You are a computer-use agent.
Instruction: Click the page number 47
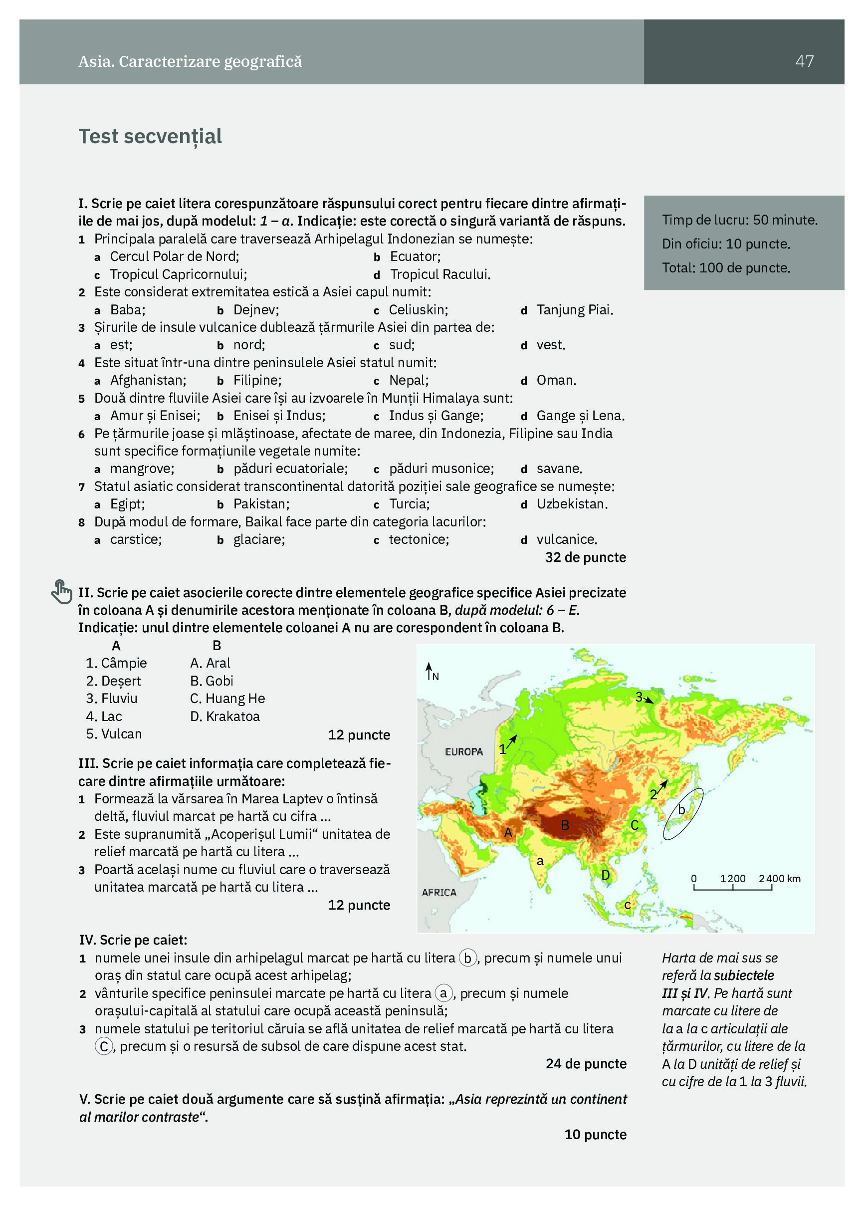[804, 61]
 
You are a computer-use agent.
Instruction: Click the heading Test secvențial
[150, 137]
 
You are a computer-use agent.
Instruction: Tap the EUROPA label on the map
[463, 751]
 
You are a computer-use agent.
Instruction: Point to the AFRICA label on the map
[438, 892]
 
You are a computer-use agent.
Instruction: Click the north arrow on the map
[429, 671]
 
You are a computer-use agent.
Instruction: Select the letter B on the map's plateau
[565, 825]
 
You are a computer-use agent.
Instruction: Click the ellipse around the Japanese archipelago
[683, 814]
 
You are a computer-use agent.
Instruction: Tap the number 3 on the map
[639, 697]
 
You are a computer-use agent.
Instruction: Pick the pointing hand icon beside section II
[62, 592]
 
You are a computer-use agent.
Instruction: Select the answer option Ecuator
[415, 257]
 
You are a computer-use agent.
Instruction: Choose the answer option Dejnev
[256, 310]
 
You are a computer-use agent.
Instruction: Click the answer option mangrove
[142, 469]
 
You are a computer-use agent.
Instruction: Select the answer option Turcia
[409, 504]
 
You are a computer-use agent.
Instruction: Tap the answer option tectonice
[419, 540]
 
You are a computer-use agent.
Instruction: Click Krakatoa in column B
[232, 716]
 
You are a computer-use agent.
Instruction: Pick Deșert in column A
[121, 681]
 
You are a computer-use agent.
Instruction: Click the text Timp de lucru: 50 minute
[740, 220]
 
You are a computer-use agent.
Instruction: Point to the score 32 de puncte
[585, 557]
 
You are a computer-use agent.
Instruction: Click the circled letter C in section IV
[104, 1046]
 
